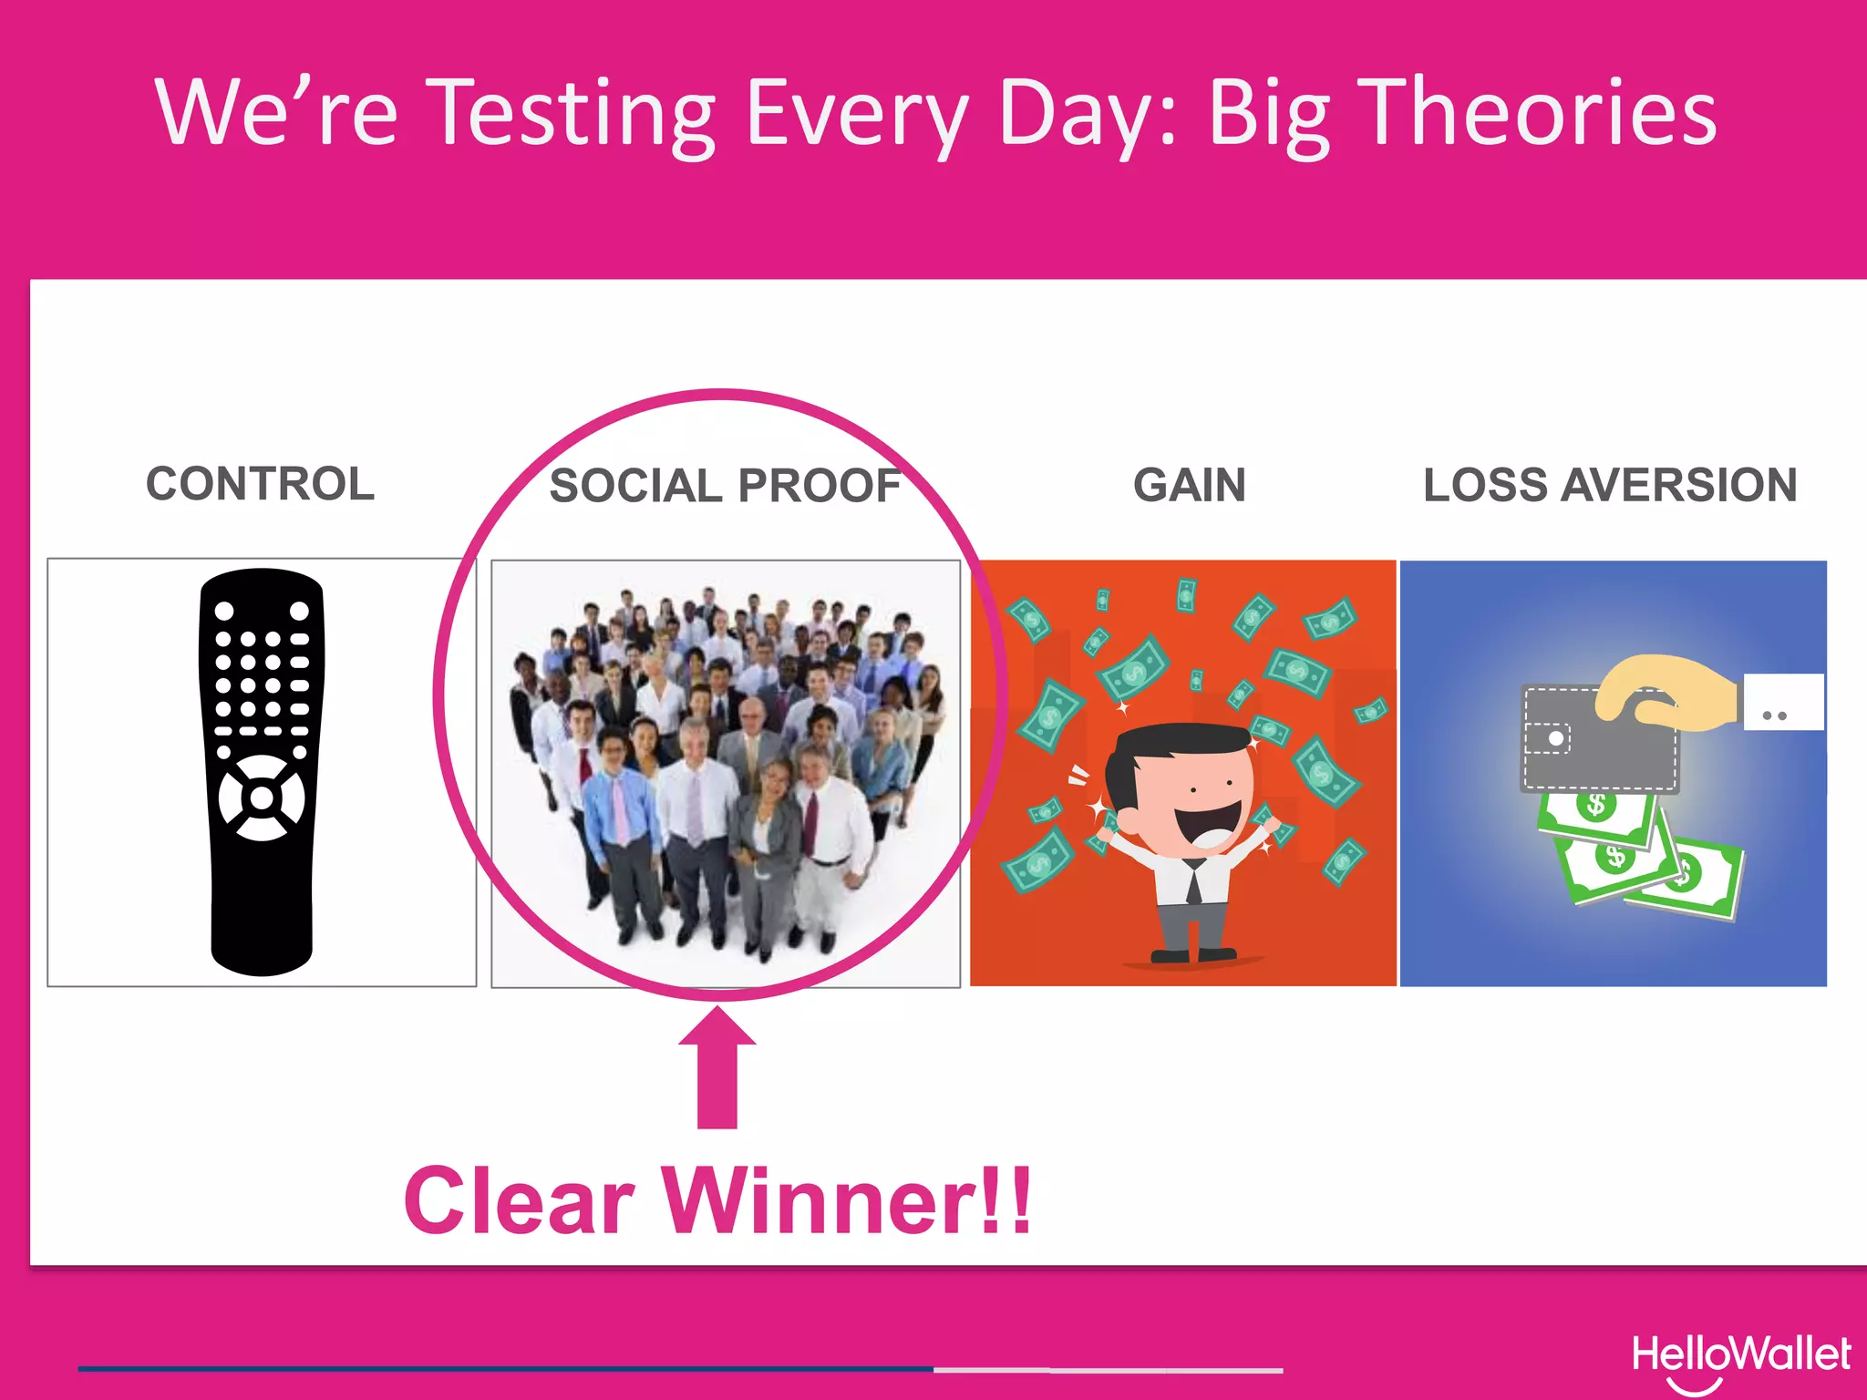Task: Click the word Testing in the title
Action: click(572, 114)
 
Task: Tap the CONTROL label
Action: click(261, 483)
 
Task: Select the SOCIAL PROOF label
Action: click(725, 485)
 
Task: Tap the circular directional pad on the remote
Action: click(262, 798)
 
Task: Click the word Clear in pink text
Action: click(519, 1201)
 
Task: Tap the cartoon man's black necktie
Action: click(1193, 882)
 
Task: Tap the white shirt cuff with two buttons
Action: click(1783, 702)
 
